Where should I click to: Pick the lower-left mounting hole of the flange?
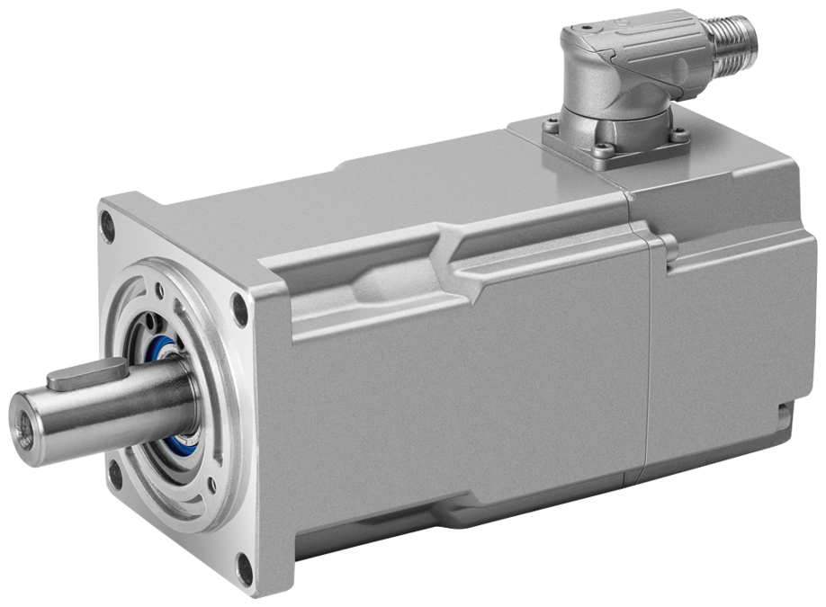pos(114,471)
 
